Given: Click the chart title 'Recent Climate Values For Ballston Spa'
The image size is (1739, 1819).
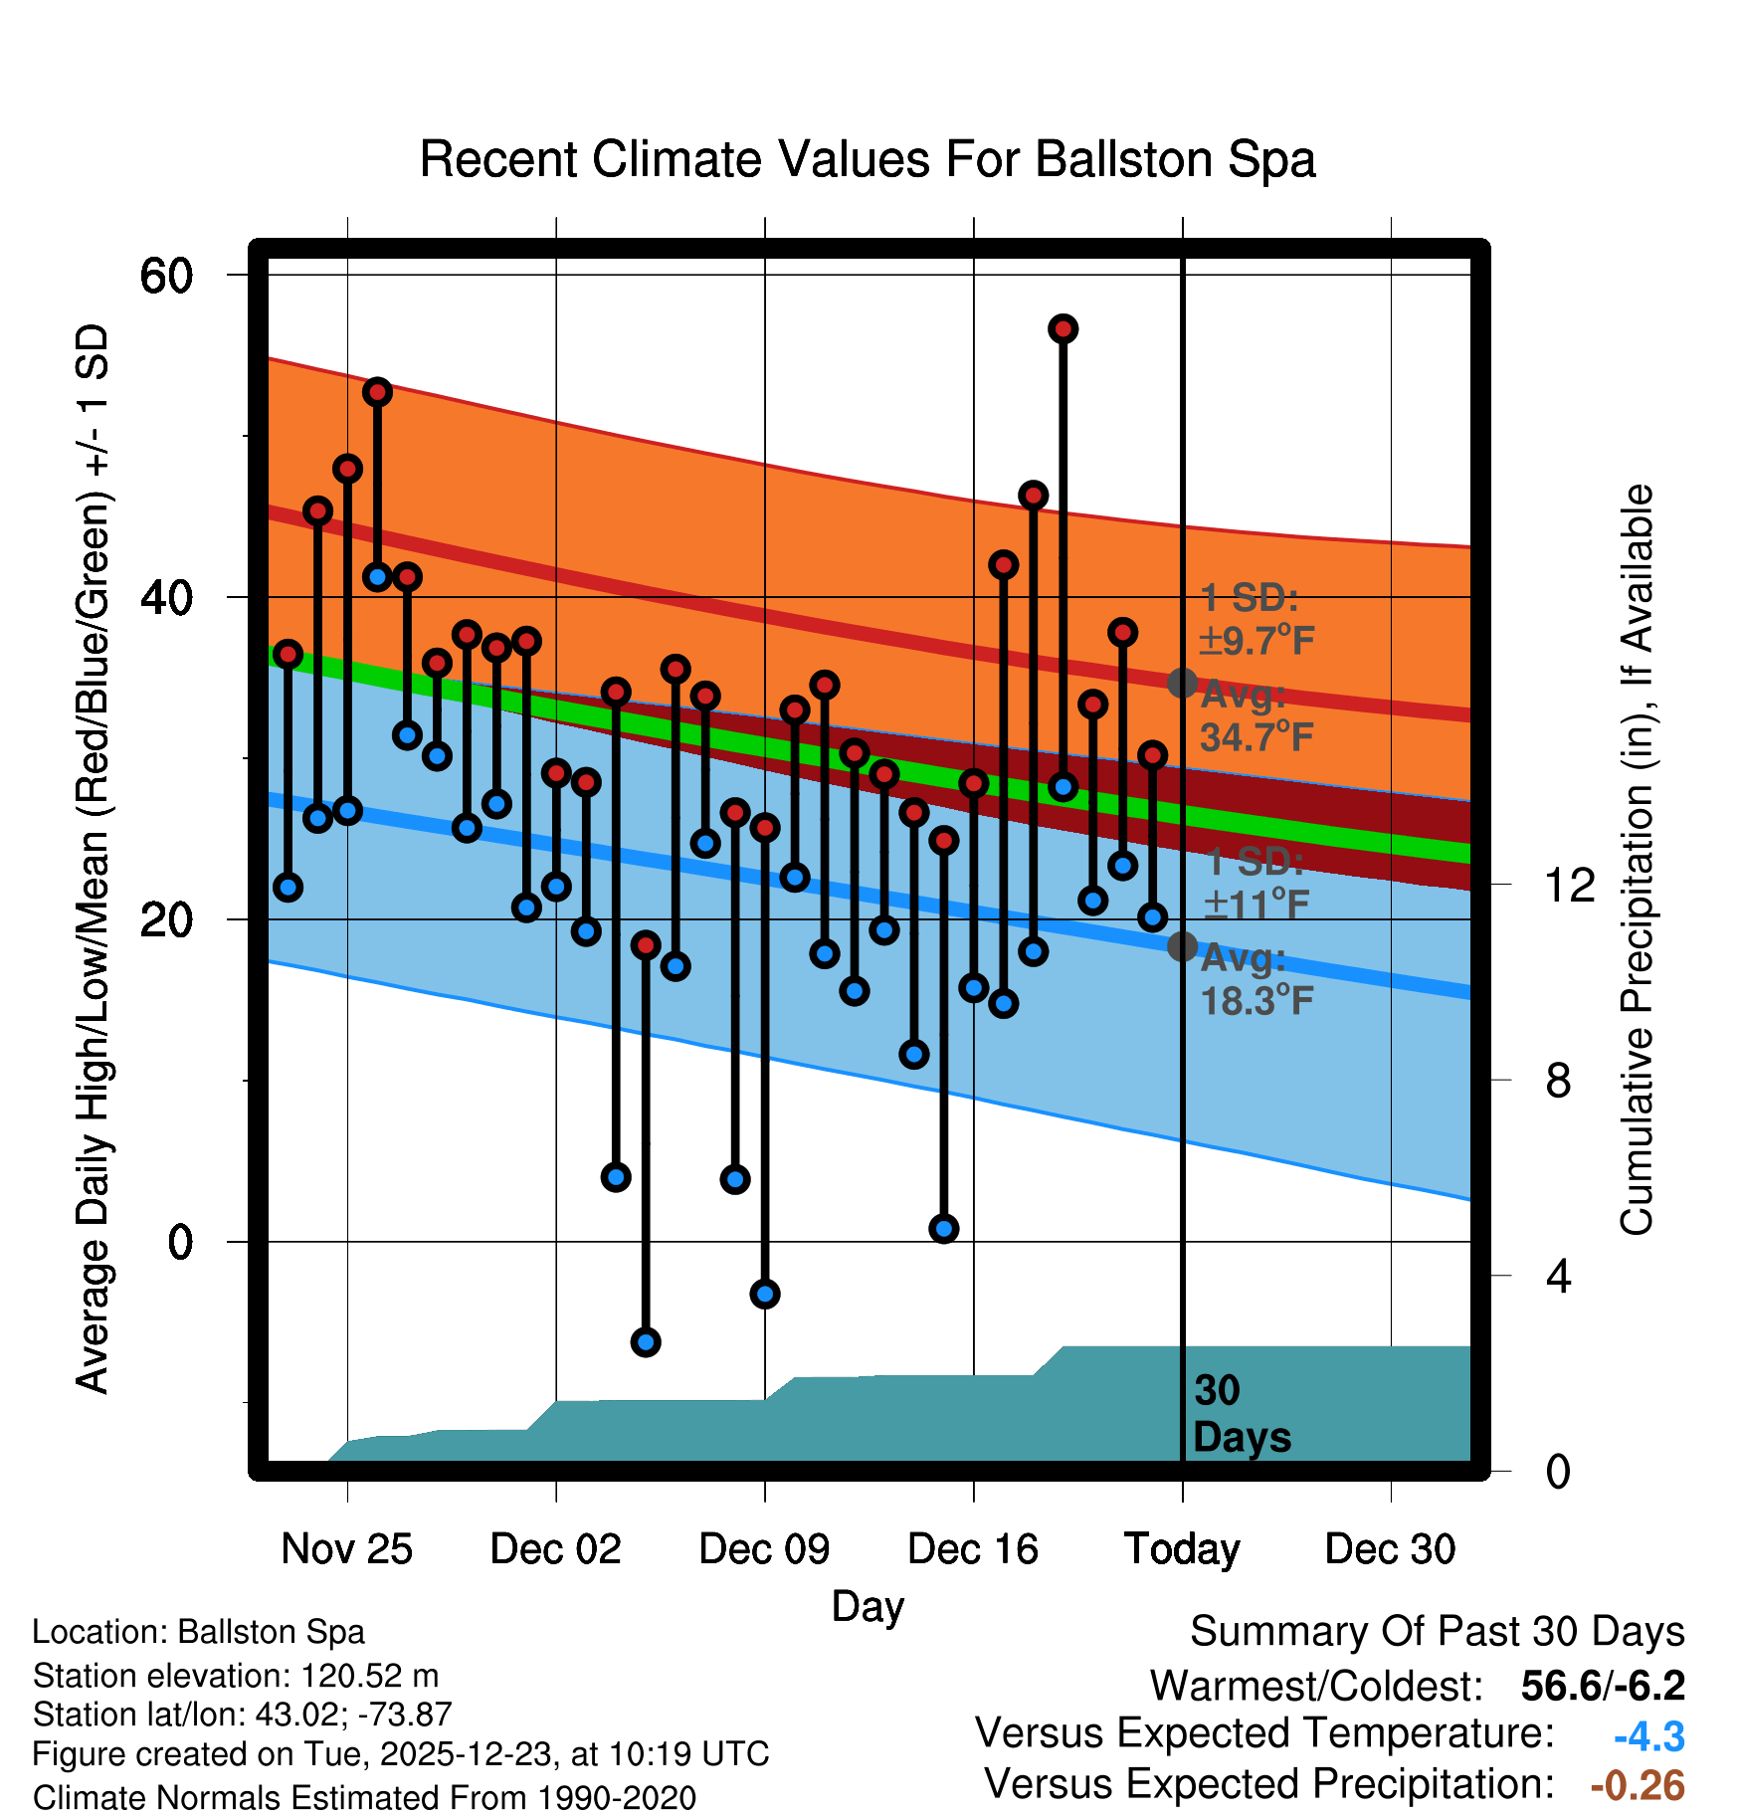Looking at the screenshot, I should (x=868, y=159).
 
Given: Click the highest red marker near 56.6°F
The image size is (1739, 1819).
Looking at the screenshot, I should (x=1063, y=329).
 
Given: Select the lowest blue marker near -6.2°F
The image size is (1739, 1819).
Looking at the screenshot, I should (x=646, y=1342).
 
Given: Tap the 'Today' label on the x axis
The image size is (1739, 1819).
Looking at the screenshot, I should (x=1182, y=1549).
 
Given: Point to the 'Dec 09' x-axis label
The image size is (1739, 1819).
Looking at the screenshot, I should (x=764, y=1549).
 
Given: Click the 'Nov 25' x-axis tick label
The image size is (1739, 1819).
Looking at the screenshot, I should (x=346, y=1549).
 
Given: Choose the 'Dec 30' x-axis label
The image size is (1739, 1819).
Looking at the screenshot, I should (x=1390, y=1549).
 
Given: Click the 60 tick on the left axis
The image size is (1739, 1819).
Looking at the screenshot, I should (x=166, y=276).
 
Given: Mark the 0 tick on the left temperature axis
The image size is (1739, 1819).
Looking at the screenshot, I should (x=180, y=1242).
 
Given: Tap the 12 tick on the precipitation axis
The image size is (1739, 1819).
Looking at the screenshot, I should (x=1569, y=885).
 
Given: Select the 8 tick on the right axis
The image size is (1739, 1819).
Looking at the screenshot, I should (x=1558, y=1081).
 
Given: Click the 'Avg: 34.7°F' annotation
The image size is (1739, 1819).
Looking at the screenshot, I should (x=1256, y=716).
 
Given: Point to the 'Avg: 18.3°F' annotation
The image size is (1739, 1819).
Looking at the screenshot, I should (x=1256, y=980).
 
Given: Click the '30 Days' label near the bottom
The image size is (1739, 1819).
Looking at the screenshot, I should (x=1242, y=1414).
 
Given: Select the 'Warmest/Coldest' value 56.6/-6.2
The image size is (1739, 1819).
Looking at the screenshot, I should (x=1603, y=1686).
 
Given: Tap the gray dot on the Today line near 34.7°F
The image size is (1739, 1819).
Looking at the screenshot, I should (x=1182, y=683).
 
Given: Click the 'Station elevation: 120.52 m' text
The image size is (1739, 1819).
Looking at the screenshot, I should (x=236, y=1676).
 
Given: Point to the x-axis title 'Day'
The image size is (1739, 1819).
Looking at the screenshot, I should (x=868, y=1606).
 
